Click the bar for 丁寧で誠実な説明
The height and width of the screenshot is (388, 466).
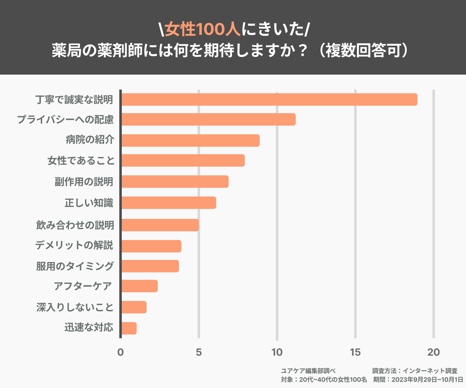point(269,99)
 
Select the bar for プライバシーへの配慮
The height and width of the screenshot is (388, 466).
point(208,119)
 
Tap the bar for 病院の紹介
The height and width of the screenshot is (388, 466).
point(190,141)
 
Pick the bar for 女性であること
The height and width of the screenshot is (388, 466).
point(183,160)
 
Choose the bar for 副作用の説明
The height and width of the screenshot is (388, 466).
point(175,182)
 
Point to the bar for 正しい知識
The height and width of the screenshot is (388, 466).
point(168,203)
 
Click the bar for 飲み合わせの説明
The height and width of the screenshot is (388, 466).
point(160,225)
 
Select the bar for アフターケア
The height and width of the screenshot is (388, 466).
point(139,286)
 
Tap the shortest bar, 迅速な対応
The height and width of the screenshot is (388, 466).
point(129,328)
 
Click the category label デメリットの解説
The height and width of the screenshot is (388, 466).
point(74,245)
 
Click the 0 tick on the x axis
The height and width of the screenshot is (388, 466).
point(121,352)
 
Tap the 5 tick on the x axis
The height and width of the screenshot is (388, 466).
point(199,352)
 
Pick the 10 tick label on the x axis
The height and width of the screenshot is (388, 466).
point(277,352)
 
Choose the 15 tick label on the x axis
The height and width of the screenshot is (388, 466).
point(355,352)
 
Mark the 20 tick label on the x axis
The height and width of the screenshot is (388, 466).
point(433,352)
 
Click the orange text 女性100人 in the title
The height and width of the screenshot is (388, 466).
point(203,30)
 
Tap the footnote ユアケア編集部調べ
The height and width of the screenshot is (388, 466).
point(308,371)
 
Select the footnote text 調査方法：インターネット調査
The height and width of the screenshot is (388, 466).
point(415,371)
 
